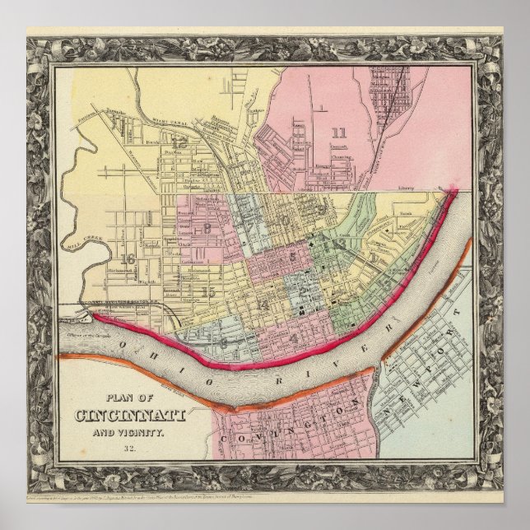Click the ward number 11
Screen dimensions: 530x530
pyautogui.click(x=339, y=132)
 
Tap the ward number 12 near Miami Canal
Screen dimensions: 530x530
pyautogui.click(x=179, y=142)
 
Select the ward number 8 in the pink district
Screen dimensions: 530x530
pyautogui.click(x=207, y=228)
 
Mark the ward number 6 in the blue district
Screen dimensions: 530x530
pyautogui.click(x=223, y=342)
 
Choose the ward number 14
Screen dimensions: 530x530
pyautogui.click(x=262, y=306)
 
